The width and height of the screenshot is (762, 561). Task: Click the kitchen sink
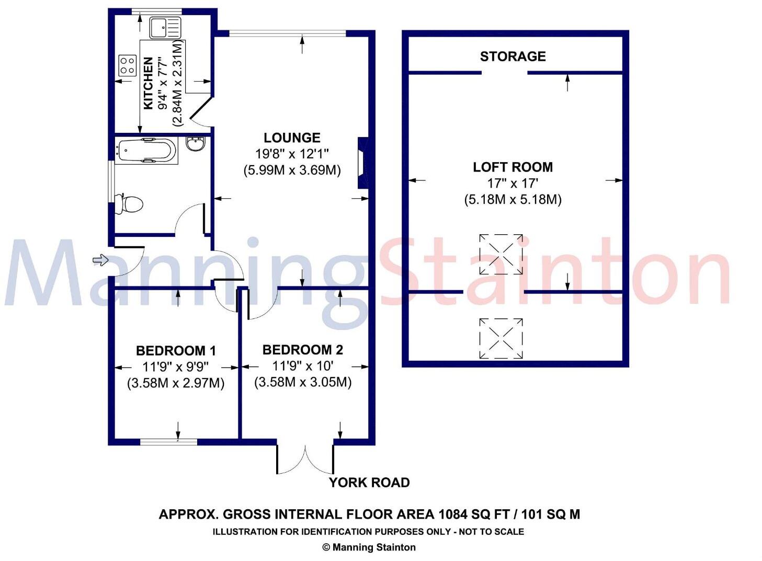[x=165, y=28]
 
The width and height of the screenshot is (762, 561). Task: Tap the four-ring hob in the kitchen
[x=127, y=66]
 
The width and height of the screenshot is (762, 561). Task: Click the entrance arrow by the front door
[x=100, y=260]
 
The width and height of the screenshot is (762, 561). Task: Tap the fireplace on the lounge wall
[x=363, y=163]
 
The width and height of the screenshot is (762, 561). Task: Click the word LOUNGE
[x=292, y=138]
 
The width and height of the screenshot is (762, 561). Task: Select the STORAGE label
[x=513, y=56]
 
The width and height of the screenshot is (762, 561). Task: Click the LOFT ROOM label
[x=513, y=167]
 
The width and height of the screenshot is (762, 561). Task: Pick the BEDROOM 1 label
[x=176, y=351]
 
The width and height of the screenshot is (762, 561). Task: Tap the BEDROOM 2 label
[x=303, y=350]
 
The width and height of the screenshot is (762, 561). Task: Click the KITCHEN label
[x=148, y=83]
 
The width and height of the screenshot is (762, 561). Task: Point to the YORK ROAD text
[x=369, y=483]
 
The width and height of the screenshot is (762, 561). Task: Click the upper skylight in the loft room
[x=501, y=254]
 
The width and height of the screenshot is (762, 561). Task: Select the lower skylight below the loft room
[x=501, y=338]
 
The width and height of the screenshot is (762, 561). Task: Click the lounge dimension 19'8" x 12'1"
[x=292, y=154]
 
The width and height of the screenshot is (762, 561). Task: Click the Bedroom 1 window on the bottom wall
[x=169, y=442]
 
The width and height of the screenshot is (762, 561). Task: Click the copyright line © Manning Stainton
[x=369, y=547]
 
